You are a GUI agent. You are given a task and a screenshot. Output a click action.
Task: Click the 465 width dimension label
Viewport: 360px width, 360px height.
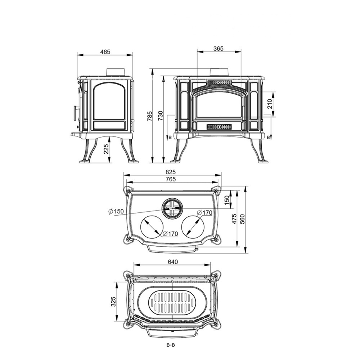[105, 51]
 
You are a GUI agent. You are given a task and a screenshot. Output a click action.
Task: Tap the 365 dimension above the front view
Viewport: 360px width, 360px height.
[218, 49]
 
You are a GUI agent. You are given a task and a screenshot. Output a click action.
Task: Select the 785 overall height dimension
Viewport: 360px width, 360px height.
[150, 116]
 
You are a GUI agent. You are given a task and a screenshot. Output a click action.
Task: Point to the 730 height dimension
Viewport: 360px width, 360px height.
[160, 116]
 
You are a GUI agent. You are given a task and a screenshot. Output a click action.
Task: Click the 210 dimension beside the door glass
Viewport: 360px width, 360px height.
[270, 104]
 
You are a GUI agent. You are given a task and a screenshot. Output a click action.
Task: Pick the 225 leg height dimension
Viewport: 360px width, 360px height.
[105, 149]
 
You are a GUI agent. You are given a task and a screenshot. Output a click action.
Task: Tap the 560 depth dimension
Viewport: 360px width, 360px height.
[242, 219]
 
